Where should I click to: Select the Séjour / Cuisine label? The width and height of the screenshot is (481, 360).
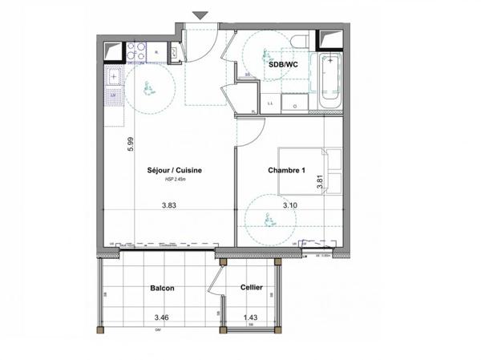(x=174, y=170)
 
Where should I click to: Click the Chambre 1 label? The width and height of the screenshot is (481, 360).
(x=287, y=170)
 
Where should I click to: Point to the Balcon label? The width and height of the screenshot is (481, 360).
(x=161, y=288)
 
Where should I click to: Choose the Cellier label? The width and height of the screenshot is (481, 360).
(x=252, y=288)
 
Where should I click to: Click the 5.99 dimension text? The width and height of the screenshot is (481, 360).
(x=129, y=144)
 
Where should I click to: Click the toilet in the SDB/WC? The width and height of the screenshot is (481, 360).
(x=300, y=42)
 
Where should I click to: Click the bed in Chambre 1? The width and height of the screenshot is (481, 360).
(x=309, y=170)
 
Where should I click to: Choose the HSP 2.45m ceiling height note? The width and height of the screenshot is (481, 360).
(x=174, y=180)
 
